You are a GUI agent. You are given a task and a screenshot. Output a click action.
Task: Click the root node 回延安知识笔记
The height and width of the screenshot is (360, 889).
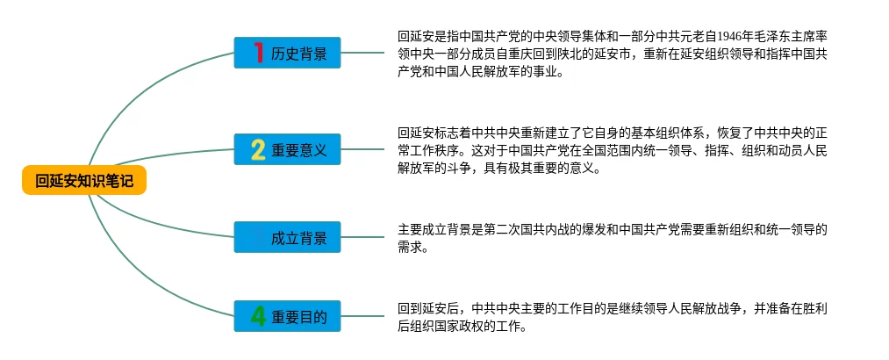pyautogui.click(x=84, y=182)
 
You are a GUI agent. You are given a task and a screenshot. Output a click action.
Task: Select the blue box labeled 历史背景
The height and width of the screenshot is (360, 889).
pyautogui.click(x=287, y=53)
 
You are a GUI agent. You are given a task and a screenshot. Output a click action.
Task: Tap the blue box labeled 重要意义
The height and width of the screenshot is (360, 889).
pyautogui.click(x=287, y=150)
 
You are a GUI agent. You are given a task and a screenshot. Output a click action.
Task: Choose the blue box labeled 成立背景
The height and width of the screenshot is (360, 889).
pyautogui.click(x=287, y=237)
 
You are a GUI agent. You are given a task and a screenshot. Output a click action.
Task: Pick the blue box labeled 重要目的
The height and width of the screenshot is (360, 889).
pyautogui.click(x=287, y=316)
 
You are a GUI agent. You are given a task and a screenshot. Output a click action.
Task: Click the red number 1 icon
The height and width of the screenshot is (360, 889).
pyautogui.click(x=258, y=53)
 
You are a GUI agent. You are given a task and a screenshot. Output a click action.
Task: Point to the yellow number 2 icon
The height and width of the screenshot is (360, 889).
pyautogui.click(x=258, y=150)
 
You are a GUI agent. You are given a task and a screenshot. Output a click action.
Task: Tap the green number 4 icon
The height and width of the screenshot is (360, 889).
pyautogui.click(x=258, y=316)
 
